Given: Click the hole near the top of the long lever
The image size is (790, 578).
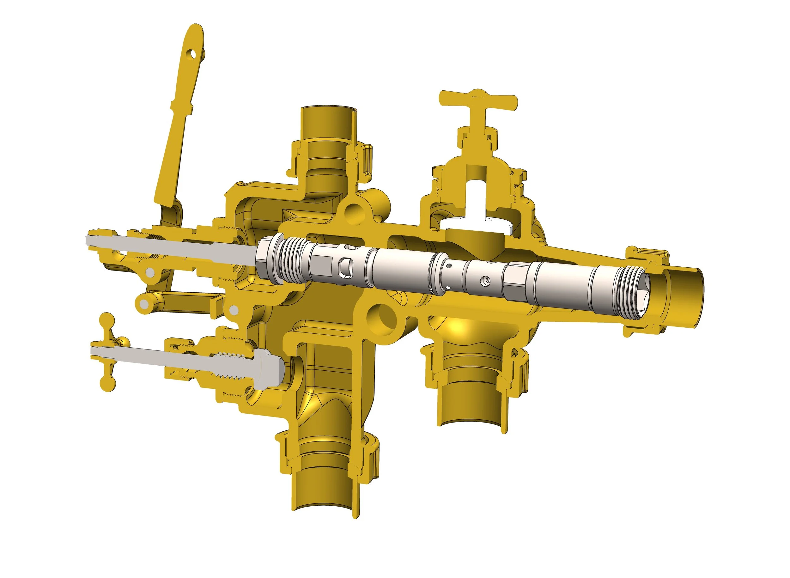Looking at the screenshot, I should [192, 54].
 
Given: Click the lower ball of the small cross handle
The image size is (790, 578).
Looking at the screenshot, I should [107, 384].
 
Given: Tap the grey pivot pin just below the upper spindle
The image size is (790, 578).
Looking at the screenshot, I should [150, 272].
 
